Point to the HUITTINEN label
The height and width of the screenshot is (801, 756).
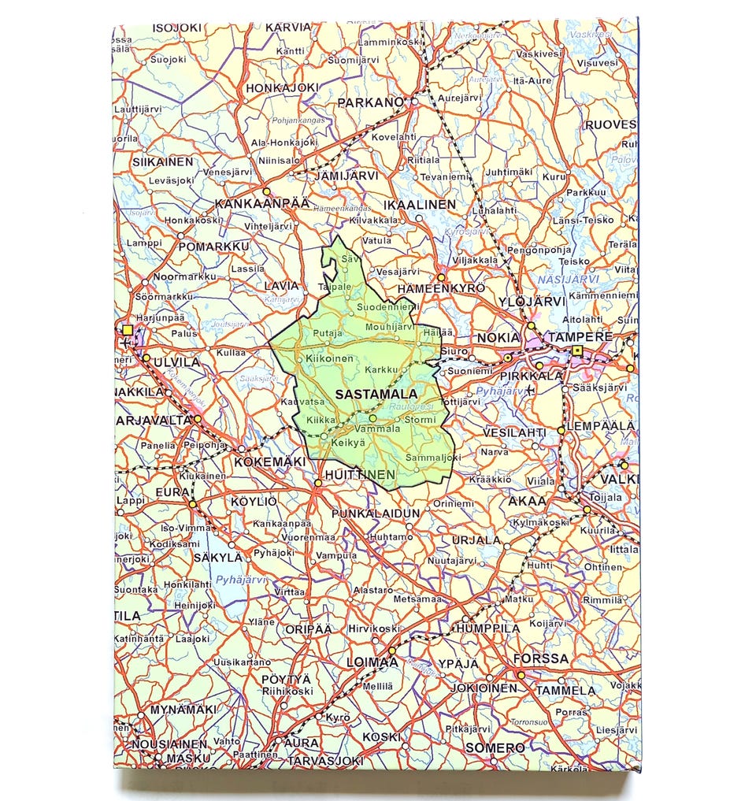tap(358, 475)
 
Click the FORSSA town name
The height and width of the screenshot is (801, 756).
tap(540, 658)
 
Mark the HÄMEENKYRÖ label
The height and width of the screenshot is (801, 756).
tap(443, 289)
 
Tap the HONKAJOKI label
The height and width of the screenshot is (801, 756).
tap(282, 87)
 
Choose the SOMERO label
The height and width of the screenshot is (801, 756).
tap(495, 747)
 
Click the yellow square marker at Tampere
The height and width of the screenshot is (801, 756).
tap(577, 351)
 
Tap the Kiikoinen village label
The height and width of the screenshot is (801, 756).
tap(331, 358)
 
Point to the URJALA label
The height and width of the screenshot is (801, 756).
tap(476, 540)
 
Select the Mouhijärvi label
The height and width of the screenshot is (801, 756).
tap(390, 326)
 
